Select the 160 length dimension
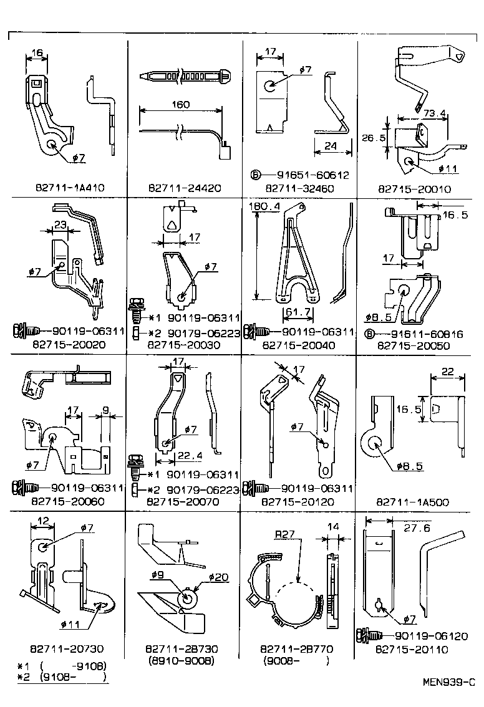tap(180, 105)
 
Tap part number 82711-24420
tap(185, 188)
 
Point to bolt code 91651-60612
tap(308, 176)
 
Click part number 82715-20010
tap(414, 188)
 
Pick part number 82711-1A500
tap(414, 501)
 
